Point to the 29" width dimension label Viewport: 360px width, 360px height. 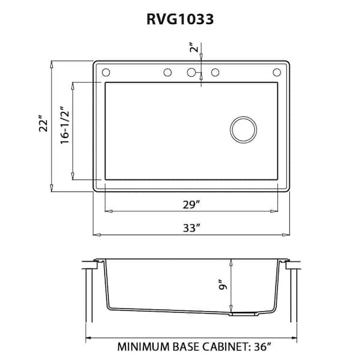coord(191,205)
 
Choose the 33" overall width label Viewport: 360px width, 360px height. coord(191,227)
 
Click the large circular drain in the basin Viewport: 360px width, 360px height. coord(244,128)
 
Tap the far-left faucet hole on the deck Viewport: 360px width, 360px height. coord(106,73)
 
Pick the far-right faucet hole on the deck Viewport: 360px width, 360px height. coord(277,73)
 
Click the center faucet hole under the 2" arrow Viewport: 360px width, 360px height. coord(192,73)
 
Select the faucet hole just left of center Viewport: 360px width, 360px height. coord(167,73)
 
